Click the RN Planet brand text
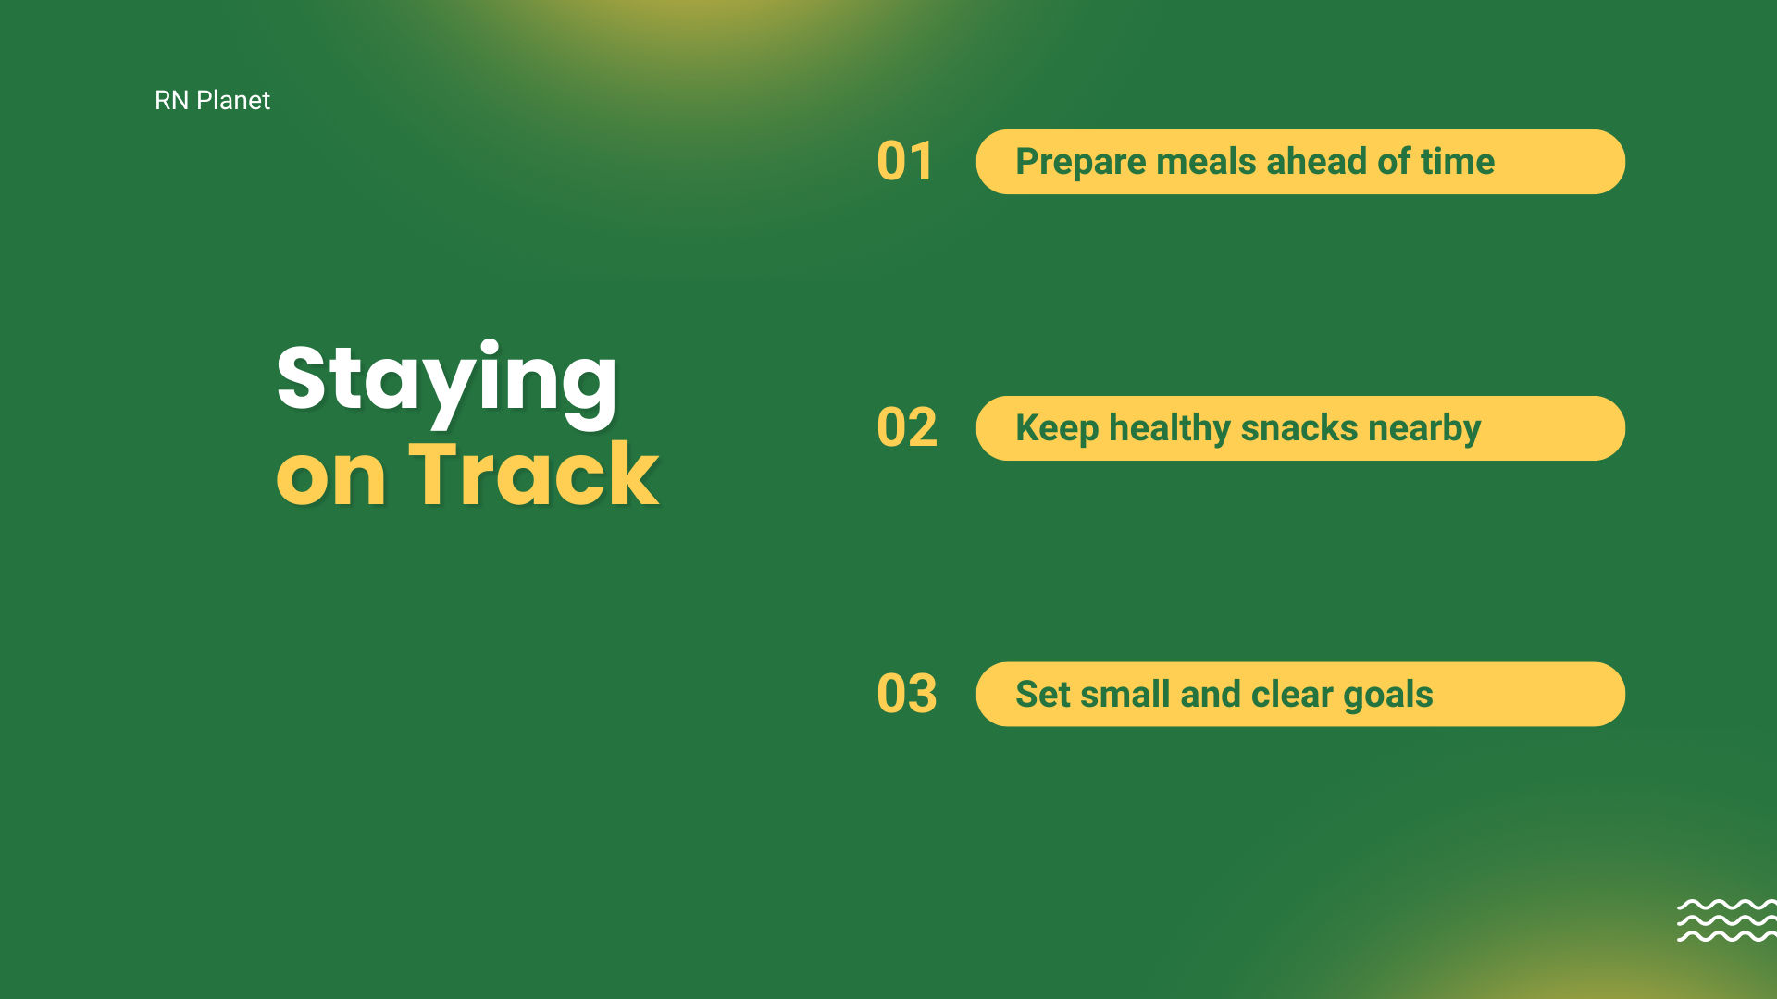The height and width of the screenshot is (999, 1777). tap(212, 100)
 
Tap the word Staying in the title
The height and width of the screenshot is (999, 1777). tap(447, 382)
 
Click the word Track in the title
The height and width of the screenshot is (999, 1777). tap(534, 475)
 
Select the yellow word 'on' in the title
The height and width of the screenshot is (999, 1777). tap(330, 480)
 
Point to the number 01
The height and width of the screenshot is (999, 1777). tap(905, 162)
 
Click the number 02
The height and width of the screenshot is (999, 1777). tap(907, 428)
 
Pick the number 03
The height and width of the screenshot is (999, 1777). tap(907, 695)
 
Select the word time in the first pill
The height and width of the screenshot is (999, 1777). tap(1458, 162)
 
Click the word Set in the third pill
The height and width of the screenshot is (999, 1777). tap(1043, 695)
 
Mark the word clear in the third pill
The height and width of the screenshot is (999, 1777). tap(1292, 695)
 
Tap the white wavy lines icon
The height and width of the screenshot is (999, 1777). tap(1727, 920)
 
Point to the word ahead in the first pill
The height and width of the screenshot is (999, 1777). tap(1316, 162)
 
